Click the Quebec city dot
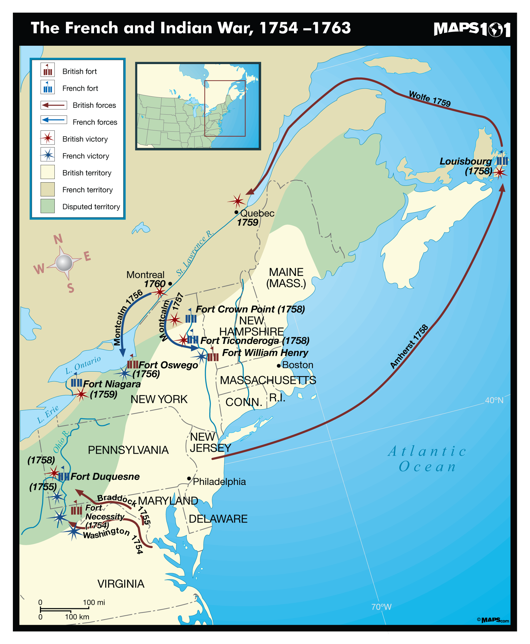tap(236, 212)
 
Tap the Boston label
tap(297, 365)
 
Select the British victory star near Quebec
tap(237, 201)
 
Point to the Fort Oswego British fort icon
tap(132, 364)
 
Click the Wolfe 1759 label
tap(430, 99)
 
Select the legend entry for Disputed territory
tap(91, 207)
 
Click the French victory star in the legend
tap(48, 156)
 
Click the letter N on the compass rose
tap(58, 239)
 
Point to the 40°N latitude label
tap(494, 400)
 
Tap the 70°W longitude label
tap(381, 607)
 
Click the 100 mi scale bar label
tap(94, 602)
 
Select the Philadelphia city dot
tap(189, 478)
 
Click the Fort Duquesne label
tap(105, 477)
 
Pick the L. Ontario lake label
tap(83, 365)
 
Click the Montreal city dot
tap(170, 284)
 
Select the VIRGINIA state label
tap(121, 584)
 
